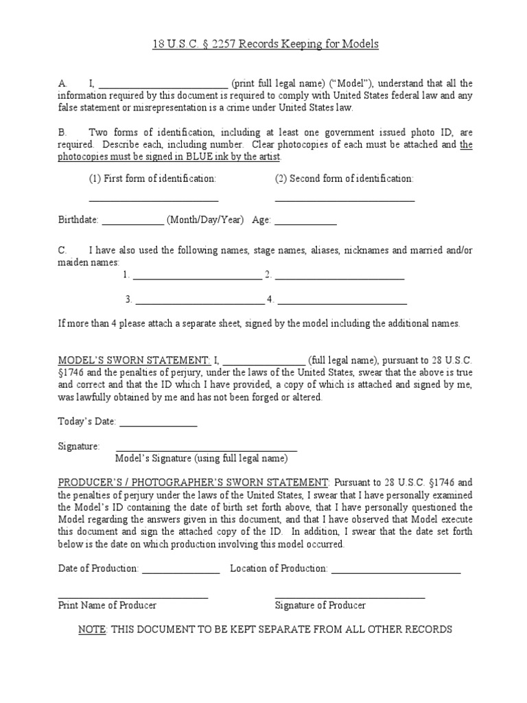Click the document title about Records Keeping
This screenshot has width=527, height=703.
tap(264, 45)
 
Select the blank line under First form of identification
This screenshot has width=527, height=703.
tap(154, 199)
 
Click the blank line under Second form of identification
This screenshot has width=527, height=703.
tap(344, 199)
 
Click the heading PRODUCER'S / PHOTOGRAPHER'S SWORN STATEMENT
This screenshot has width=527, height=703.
tap(194, 483)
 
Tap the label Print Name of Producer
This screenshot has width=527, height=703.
tap(107, 605)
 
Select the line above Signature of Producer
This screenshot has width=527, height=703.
tap(349, 597)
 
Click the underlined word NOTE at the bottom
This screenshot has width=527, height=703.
tap(92, 629)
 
